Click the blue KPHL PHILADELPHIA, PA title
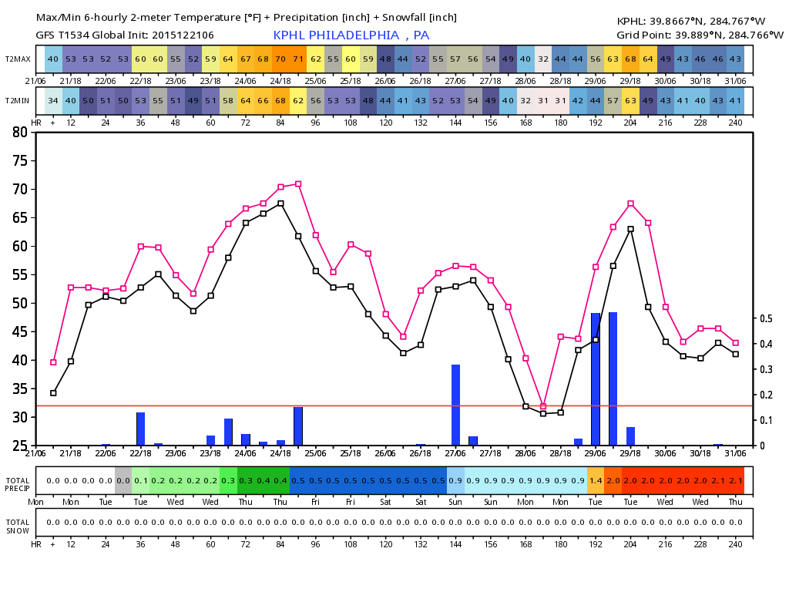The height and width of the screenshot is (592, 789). pos(351,35)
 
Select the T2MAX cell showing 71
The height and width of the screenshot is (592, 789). pos(298,59)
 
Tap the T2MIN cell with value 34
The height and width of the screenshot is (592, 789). pos(53,101)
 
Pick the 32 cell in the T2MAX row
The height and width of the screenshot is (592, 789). pos(543,59)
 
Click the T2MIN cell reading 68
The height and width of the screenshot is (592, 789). pos(280,101)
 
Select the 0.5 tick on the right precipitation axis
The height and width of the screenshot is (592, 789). pos(766,318)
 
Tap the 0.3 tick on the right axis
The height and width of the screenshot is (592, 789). pos(766,369)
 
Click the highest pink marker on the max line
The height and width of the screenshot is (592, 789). pos(298,184)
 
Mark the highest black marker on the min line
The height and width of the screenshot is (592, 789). pos(280,203)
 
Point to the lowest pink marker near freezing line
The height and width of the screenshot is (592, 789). pos(543,407)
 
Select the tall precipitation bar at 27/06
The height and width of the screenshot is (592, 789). pos(456,405)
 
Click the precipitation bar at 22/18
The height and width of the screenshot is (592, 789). pos(141,429)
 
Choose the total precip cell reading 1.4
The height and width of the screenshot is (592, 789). pos(596,481)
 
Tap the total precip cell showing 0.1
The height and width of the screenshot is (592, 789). pos(141,481)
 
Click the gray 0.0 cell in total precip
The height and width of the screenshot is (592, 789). pos(123,481)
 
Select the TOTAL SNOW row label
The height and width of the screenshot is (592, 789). pos(18,526)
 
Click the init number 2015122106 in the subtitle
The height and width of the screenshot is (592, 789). pos(183,35)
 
